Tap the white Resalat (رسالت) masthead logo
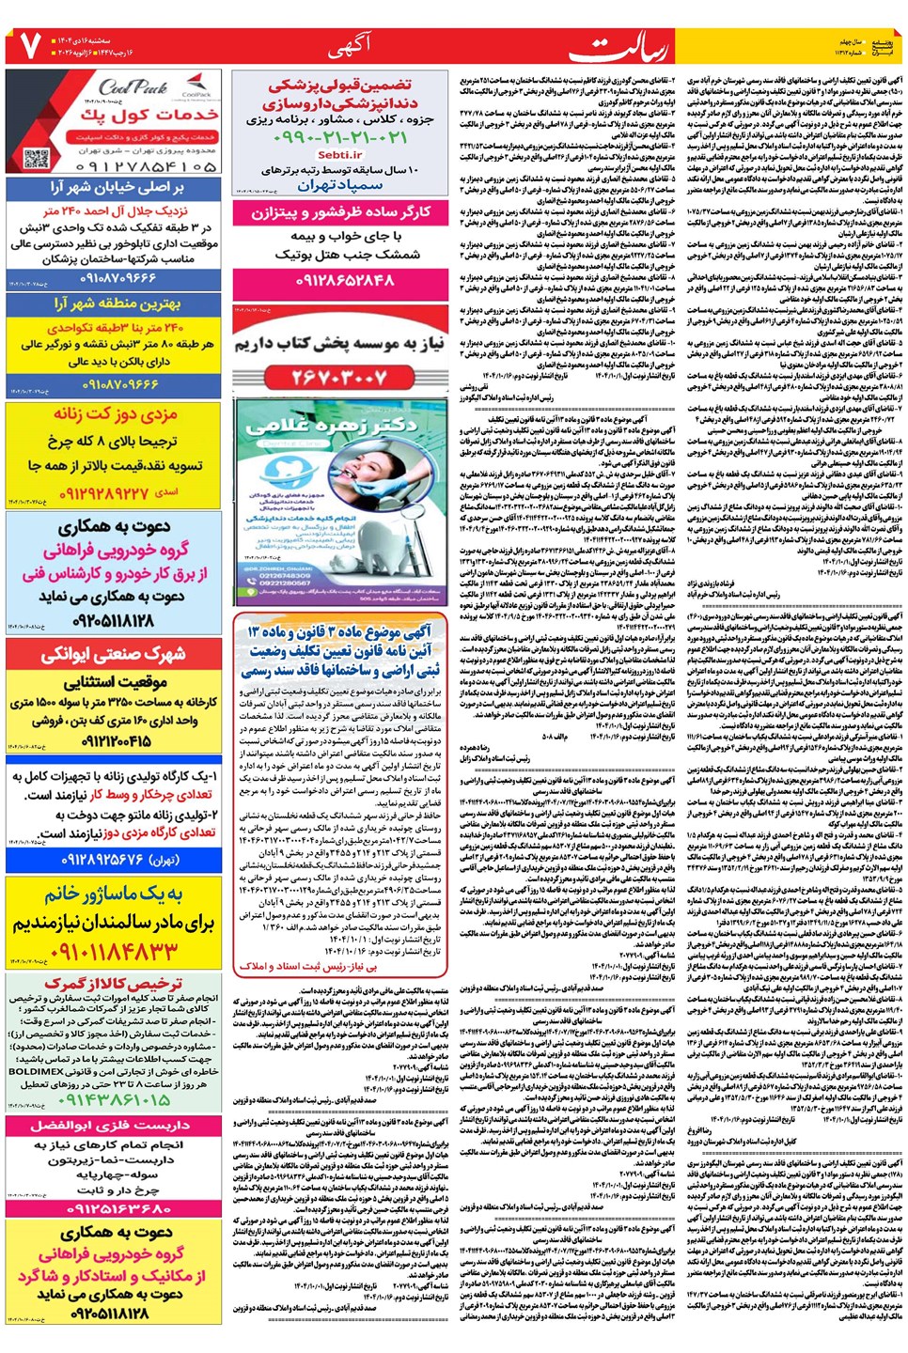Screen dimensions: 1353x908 pos(634,48)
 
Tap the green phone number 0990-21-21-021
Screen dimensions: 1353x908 pos(340,137)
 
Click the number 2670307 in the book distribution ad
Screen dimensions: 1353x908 pos(339,377)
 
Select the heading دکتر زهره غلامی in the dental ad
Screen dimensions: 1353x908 pos(340,426)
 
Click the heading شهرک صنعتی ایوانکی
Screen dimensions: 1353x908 pos(114,654)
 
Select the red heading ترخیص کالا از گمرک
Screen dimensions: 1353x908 pos(114,983)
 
